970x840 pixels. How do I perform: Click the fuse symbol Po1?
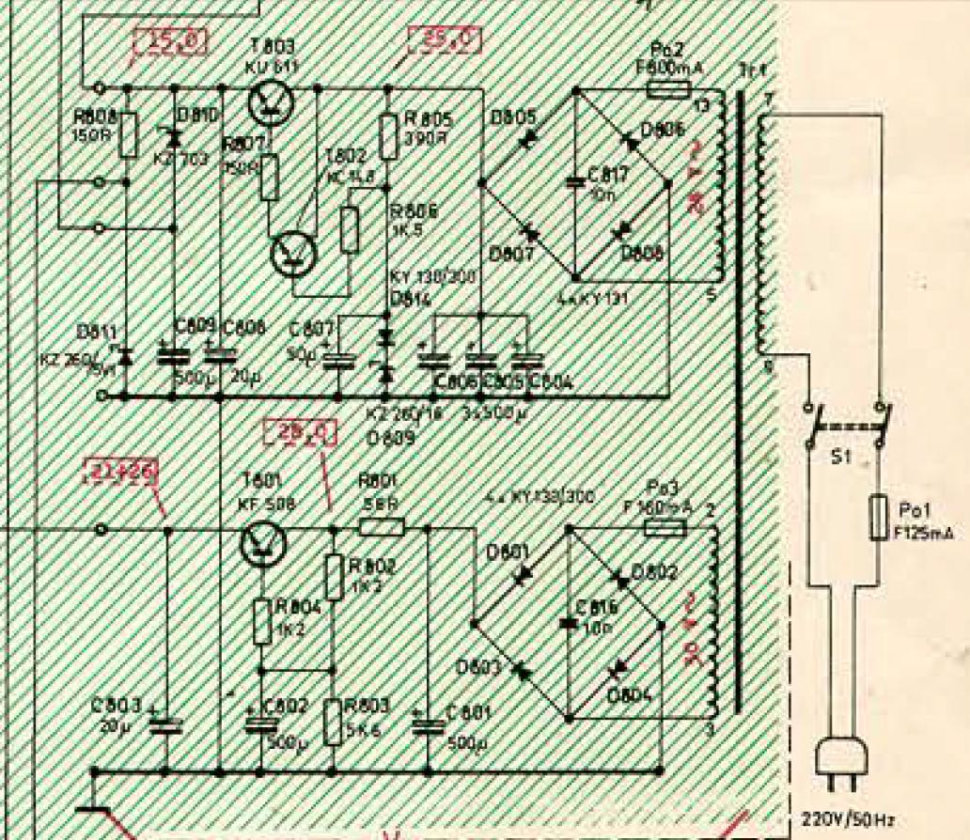pos(881,516)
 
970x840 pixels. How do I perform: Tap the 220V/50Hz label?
pos(843,820)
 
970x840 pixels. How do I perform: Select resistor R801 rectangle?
pos(382,527)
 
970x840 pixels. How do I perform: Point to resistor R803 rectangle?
pos(332,721)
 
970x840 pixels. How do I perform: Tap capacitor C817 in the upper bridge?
pos(574,184)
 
